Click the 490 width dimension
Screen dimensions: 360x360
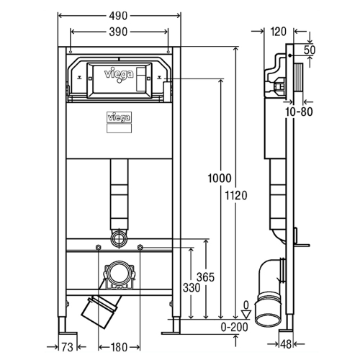click(118, 16)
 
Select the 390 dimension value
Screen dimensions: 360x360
click(118, 32)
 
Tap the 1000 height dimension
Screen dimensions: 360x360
click(220, 179)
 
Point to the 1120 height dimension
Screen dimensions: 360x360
click(236, 195)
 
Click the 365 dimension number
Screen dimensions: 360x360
click(205, 277)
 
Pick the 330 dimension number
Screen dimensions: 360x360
click(192, 287)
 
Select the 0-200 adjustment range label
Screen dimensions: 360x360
click(234, 327)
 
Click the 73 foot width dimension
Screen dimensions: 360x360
click(68, 347)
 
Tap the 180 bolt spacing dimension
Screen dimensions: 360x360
click(119, 347)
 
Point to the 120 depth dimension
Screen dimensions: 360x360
click(279, 32)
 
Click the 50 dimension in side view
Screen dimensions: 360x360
click(310, 50)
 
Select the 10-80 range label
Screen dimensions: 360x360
click(299, 112)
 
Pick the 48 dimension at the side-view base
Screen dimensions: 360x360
click(286, 344)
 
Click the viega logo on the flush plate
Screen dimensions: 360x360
click(119, 74)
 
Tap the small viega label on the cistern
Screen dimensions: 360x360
click(119, 118)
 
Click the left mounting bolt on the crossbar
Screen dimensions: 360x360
click(98, 248)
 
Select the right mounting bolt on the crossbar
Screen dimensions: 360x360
click(140, 247)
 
